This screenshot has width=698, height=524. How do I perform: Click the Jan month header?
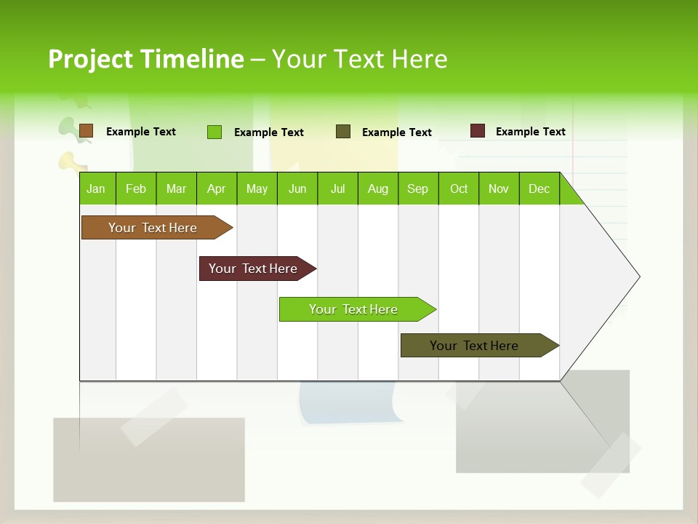(97, 188)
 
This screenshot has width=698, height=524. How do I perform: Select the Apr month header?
(217, 188)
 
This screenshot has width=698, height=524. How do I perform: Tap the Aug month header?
(377, 188)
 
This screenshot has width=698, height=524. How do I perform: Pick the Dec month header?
(539, 188)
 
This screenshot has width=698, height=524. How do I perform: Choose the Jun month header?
(297, 188)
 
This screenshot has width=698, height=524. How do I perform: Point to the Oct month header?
(459, 188)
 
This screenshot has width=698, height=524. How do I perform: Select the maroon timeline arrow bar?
(254, 269)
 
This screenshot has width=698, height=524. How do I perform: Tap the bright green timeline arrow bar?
(355, 309)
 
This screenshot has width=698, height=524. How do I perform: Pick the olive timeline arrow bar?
(476, 346)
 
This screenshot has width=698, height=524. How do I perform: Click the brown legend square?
(86, 131)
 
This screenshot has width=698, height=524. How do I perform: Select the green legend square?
(214, 132)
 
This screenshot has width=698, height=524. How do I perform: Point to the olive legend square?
(343, 132)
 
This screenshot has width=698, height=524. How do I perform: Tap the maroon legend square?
(477, 131)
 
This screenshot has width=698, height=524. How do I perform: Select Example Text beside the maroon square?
(530, 132)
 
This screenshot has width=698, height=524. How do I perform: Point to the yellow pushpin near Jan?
(68, 161)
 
